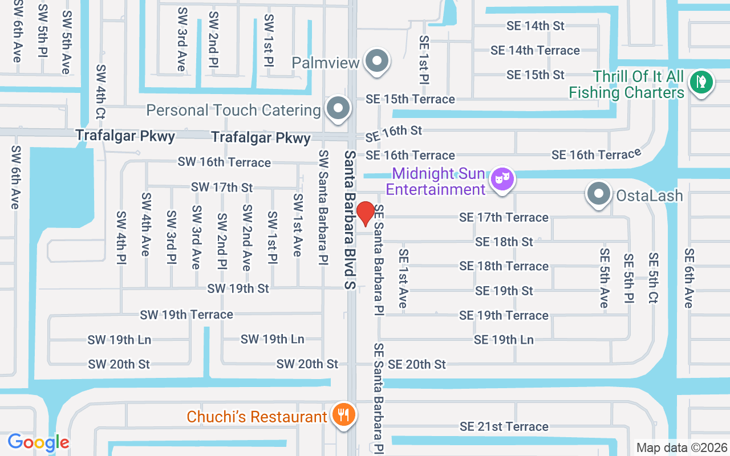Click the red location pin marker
(x=365, y=213)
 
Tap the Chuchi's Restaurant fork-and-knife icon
(x=342, y=414)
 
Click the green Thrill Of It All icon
(x=701, y=83)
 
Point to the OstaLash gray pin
(x=598, y=194)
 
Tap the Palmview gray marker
(x=376, y=61)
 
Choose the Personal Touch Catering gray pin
(x=338, y=108)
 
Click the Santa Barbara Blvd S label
(x=350, y=219)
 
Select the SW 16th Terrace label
(x=224, y=162)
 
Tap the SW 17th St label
(x=222, y=187)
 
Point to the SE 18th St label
(x=504, y=242)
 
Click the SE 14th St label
(x=535, y=26)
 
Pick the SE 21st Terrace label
(x=504, y=426)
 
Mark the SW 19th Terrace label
(x=186, y=315)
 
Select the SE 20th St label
(x=417, y=364)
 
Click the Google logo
(x=38, y=442)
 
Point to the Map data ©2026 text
(x=682, y=448)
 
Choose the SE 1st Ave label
(x=403, y=278)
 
